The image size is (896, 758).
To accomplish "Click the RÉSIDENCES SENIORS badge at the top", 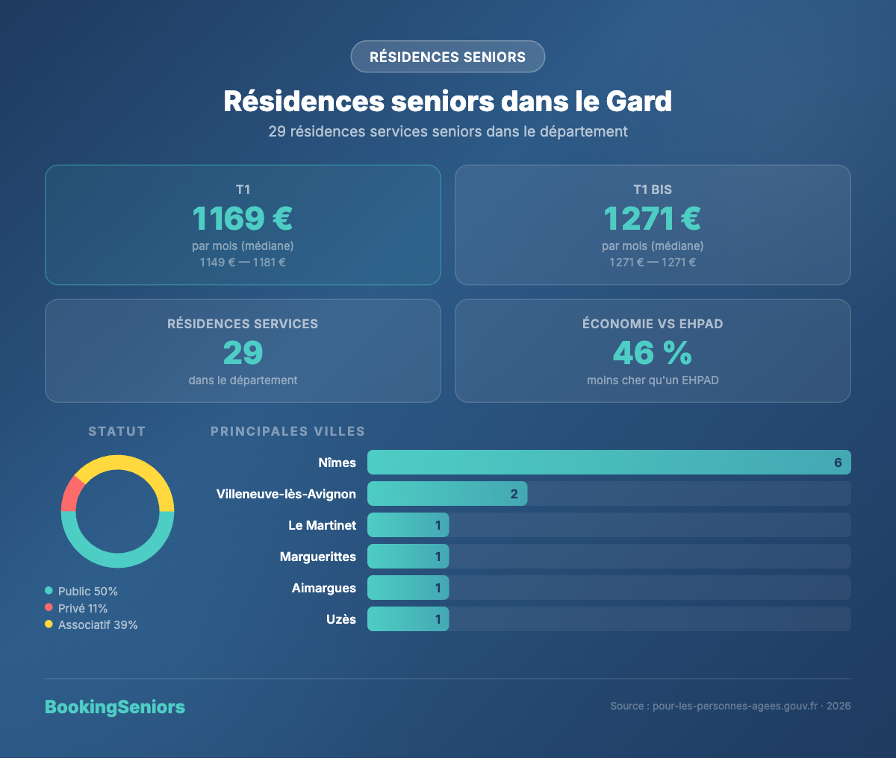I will pyautogui.click(x=448, y=57).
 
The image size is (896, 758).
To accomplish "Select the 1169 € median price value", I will pyautogui.click(x=243, y=219).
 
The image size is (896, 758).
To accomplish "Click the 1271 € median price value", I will pyautogui.click(x=653, y=219).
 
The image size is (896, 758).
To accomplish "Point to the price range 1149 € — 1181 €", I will pyautogui.click(x=243, y=263).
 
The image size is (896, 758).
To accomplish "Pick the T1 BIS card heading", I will pyautogui.click(x=653, y=189).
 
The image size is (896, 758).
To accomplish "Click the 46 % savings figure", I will pyautogui.click(x=653, y=353).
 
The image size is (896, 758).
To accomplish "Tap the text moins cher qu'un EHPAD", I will pyautogui.click(x=653, y=380).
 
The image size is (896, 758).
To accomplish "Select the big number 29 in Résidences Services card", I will pyautogui.click(x=243, y=353).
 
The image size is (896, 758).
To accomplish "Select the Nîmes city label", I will pyautogui.click(x=337, y=463).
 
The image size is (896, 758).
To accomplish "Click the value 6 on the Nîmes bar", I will pyautogui.click(x=838, y=463).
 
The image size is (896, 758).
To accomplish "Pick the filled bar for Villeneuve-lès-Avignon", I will pyautogui.click(x=447, y=494).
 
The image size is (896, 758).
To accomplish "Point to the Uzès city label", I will pyautogui.click(x=341, y=619).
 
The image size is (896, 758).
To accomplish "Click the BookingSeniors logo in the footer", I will pyautogui.click(x=115, y=707).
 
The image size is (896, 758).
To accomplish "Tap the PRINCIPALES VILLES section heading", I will pyautogui.click(x=287, y=431).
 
